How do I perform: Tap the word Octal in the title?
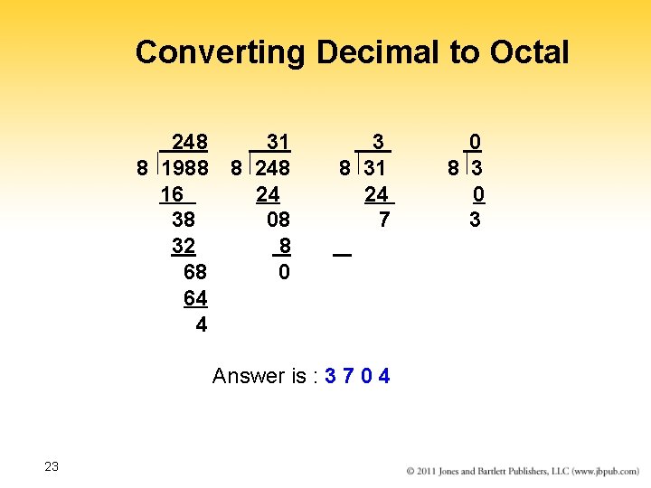[530, 52]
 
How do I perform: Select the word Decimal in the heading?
[380, 52]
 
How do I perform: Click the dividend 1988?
[184, 168]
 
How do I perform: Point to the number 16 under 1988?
[172, 194]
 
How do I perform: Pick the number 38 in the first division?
[184, 220]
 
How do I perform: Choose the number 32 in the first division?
[184, 246]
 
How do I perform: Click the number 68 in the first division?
[195, 272]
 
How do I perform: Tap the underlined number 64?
[195, 298]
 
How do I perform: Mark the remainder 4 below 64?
[201, 324]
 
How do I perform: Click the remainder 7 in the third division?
[384, 220]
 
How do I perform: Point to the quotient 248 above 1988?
[190, 142]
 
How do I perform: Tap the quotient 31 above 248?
[278, 142]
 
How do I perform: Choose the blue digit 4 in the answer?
[384, 376]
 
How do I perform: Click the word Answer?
[247, 376]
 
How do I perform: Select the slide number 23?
[52, 466]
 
